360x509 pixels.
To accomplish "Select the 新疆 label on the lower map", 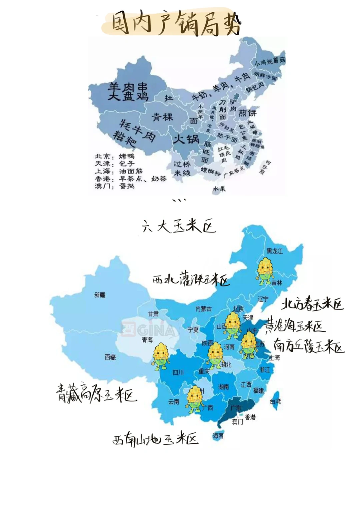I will (100, 294).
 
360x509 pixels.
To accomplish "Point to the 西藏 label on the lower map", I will (110, 357).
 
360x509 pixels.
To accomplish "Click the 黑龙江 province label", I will (275, 251).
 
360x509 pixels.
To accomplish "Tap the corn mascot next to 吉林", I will (265, 271).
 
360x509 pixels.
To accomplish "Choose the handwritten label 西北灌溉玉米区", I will (191, 279).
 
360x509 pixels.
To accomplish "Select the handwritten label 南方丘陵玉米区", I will (309, 346).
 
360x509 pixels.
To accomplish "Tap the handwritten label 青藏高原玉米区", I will (96, 394).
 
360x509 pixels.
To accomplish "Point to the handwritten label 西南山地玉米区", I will (155, 439).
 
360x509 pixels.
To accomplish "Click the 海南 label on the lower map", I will (218, 435).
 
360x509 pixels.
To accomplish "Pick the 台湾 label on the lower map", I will (275, 401).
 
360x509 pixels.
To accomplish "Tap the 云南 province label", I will (174, 402).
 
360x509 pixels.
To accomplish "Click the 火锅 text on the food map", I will (186, 139).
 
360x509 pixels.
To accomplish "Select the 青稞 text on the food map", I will (163, 117).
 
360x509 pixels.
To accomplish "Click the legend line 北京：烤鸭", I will (115, 156).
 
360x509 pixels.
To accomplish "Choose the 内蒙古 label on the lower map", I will (203, 309).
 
